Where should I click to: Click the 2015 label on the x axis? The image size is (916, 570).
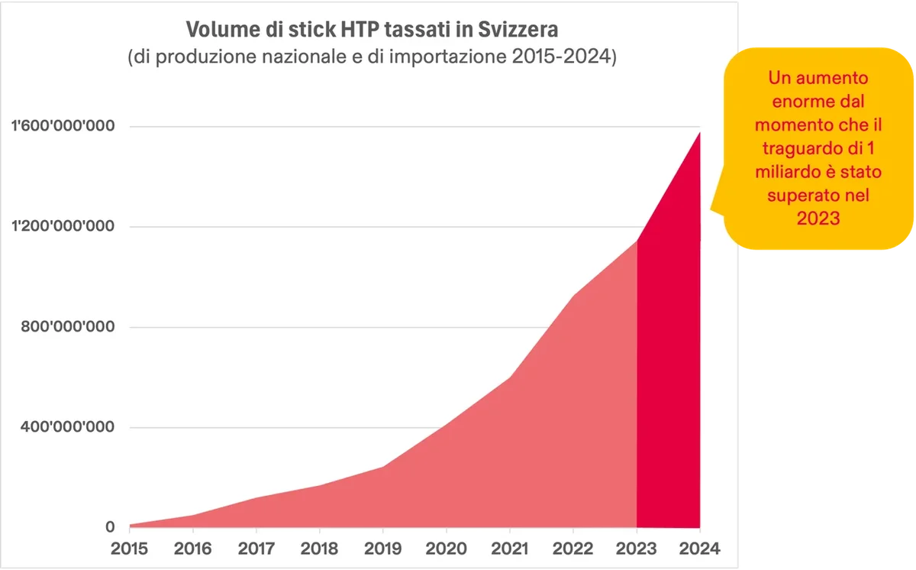point(129,549)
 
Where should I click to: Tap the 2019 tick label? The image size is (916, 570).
point(382,549)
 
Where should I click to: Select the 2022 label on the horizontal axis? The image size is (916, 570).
point(573,549)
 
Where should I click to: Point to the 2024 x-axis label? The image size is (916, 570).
point(700,549)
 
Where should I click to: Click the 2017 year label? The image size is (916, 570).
point(256,549)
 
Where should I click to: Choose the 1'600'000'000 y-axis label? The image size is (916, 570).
point(63,125)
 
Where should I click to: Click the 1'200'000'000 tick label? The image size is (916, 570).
point(63,226)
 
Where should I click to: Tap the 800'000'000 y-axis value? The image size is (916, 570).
point(67,326)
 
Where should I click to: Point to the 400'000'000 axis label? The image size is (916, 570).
point(67,427)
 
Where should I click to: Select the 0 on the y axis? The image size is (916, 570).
point(110,527)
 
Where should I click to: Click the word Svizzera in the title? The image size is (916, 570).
point(518,30)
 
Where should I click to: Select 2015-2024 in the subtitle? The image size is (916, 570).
point(560,57)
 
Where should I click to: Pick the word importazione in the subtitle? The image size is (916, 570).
point(448,57)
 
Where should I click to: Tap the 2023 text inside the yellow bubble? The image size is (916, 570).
point(818,218)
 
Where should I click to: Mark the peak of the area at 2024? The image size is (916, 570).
point(700,133)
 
